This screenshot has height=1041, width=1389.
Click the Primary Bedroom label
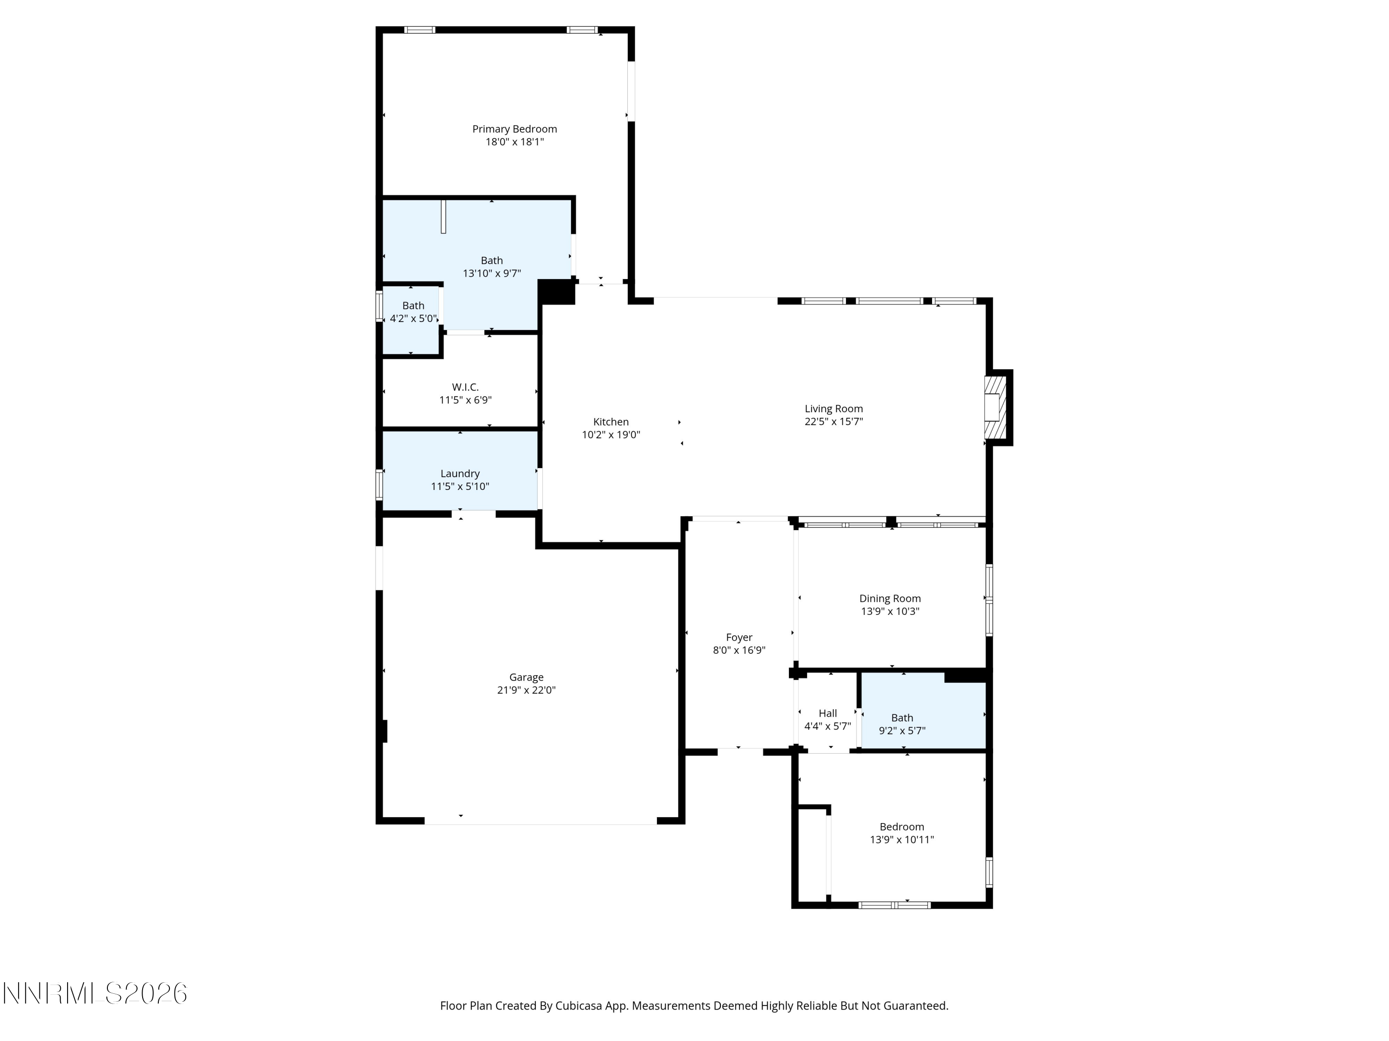(x=514, y=129)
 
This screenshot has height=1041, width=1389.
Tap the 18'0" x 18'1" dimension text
(x=514, y=142)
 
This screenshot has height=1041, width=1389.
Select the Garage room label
(x=526, y=678)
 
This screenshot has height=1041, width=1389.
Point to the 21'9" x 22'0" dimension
(x=526, y=690)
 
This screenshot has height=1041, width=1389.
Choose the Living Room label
(x=834, y=409)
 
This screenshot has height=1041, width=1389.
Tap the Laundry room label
(x=460, y=474)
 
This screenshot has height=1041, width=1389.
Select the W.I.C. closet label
(x=465, y=388)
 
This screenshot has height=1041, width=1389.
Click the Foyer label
(x=739, y=638)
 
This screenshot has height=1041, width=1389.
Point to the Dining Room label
(x=890, y=599)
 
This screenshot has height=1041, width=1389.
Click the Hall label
(x=828, y=713)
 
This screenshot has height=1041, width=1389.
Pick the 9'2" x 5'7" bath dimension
(x=902, y=731)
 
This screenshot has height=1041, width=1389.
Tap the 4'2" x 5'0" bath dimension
(x=413, y=318)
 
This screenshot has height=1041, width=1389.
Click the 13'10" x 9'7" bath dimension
(x=492, y=273)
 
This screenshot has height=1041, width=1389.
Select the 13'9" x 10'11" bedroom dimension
(x=902, y=840)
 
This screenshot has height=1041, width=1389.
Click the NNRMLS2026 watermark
(x=95, y=993)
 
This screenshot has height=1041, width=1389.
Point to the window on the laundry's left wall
(x=379, y=485)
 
